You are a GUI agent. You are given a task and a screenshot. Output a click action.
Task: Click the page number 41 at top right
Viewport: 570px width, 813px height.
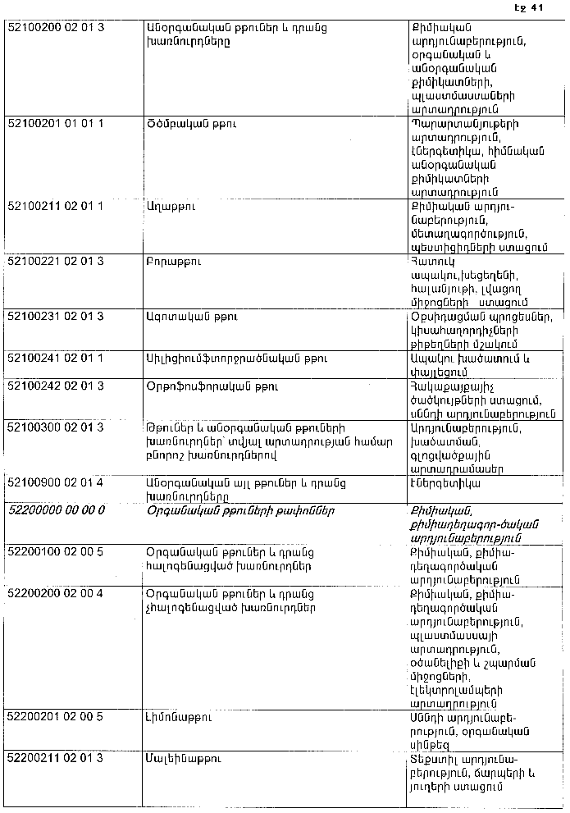537,9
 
